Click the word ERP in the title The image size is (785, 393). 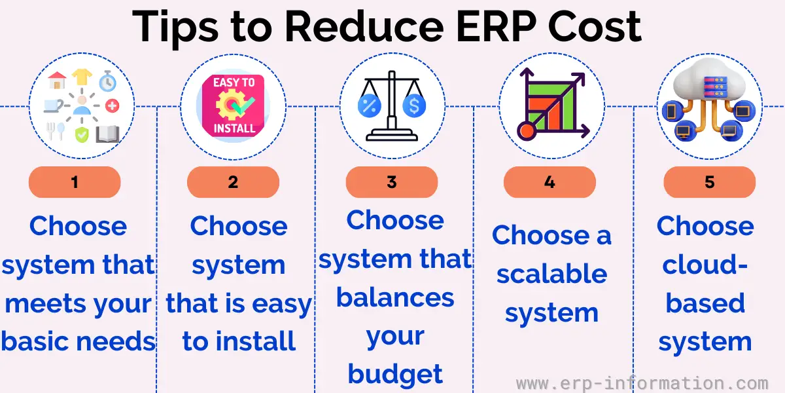pyautogui.click(x=497, y=27)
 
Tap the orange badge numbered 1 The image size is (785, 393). pyautogui.click(x=75, y=182)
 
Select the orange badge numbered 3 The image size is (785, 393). pyautogui.click(x=392, y=182)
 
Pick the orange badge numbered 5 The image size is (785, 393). pyautogui.click(x=710, y=182)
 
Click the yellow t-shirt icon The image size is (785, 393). pyautogui.click(x=82, y=77)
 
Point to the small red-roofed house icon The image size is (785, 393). pyautogui.click(x=57, y=80)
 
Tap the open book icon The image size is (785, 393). pyautogui.click(x=108, y=134)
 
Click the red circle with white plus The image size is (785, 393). pyautogui.click(x=113, y=105)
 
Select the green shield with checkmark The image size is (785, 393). pyautogui.click(x=82, y=135)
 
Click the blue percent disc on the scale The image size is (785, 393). pyautogui.click(x=370, y=105)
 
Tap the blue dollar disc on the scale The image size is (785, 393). pyautogui.click(x=414, y=105)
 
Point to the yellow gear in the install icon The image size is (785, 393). pyautogui.click(x=229, y=105)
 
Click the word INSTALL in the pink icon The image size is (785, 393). pyautogui.click(x=234, y=128)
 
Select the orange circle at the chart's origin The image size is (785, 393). pyautogui.click(x=527, y=131)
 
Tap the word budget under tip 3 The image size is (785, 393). pyautogui.click(x=395, y=375)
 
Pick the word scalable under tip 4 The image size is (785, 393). pyautogui.click(x=552, y=274)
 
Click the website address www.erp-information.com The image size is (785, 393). pyautogui.click(x=642, y=383)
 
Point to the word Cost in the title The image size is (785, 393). pyautogui.click(x=595, y=27)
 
